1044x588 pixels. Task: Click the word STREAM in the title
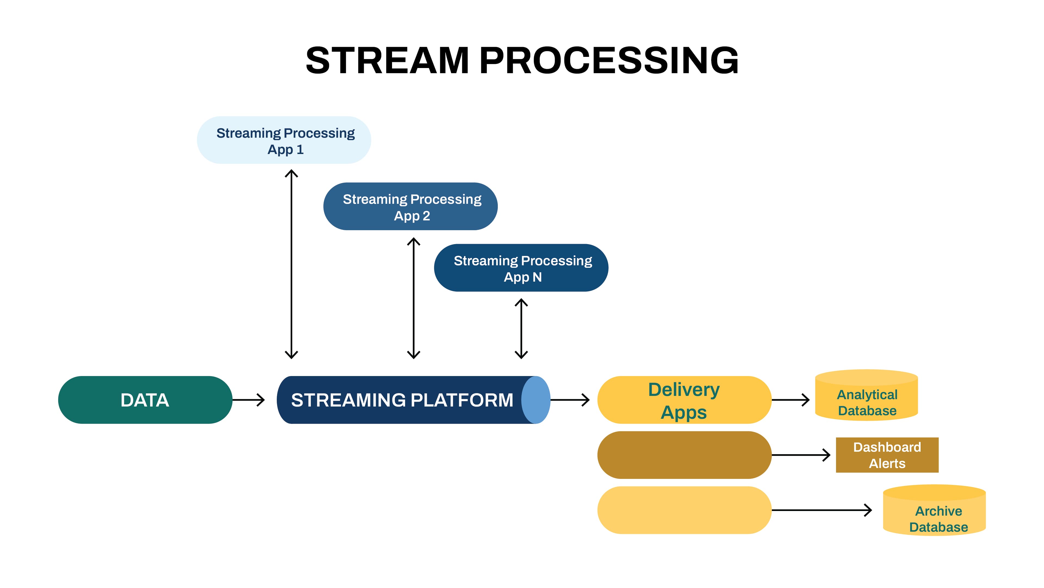tap(387, 61)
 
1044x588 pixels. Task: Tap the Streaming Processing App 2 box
tap(410, 207)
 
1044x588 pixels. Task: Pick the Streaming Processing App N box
tap(521, 268)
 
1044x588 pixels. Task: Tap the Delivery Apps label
tap(684, 400)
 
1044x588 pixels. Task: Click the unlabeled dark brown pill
tap(684, 455)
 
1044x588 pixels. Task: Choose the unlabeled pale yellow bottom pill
tap(684, 510)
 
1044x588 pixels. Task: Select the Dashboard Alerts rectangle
tap(887, 455)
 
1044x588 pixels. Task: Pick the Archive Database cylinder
tap(934, 513)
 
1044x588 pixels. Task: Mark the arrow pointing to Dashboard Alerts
tap(800, 455)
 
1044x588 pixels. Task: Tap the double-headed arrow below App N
tap(521, 328)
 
